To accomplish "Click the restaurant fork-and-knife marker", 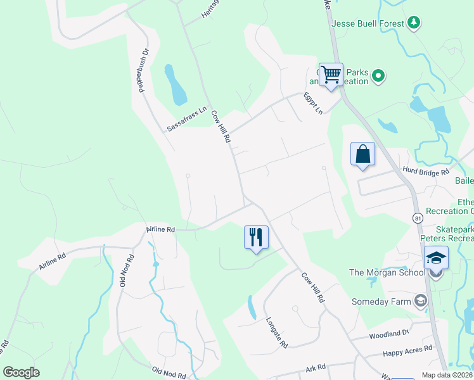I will click(x=256, y=237).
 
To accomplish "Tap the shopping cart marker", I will click(x=331, y=75).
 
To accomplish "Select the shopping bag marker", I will click(x=362, y=154).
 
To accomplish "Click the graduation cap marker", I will click(x=436, y=258).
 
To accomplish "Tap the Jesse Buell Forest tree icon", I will click(x=414, y=23).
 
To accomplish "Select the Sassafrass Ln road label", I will click(x=187, y=118).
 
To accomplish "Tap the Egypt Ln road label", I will click(x=313, y=103).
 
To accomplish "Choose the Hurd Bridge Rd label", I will click(x=426, y=171).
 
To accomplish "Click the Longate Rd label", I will click(x=277, y=332).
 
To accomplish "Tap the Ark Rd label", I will click(x=315, y=367).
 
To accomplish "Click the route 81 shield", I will click(x=418, y=218).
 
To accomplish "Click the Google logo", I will click(x=21, y=372).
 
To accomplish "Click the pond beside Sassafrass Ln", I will click(x=176, y=85).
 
